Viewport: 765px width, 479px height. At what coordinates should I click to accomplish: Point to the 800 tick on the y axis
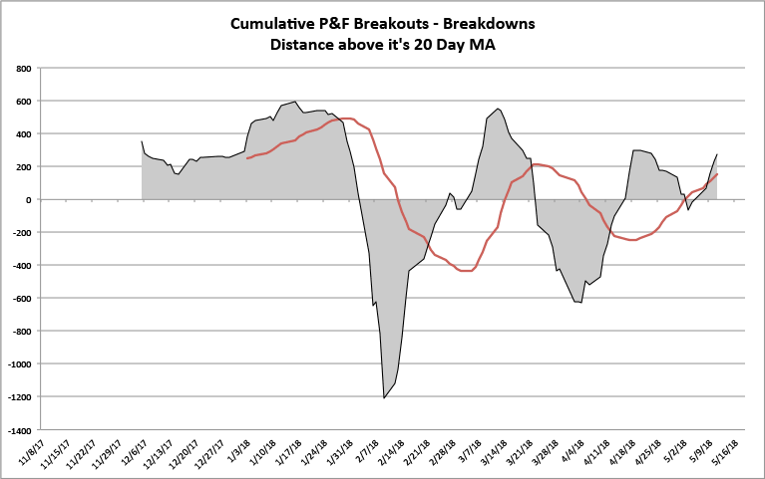22,69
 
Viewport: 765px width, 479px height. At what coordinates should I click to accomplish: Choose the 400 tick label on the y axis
22,134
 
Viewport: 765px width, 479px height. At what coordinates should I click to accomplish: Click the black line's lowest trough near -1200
384,397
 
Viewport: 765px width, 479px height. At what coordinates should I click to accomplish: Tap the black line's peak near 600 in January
295,102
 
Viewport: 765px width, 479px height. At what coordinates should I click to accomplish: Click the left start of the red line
247,158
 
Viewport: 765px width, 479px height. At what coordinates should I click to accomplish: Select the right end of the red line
717,174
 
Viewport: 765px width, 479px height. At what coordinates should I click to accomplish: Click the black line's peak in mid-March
498,109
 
